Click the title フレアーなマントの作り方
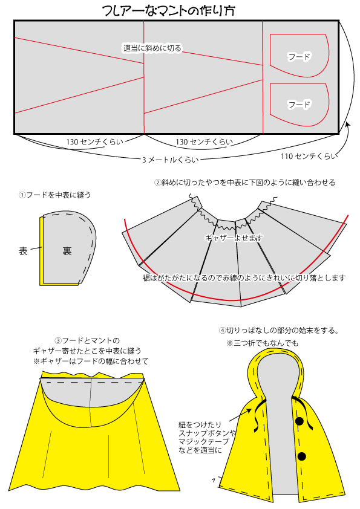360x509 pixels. click(168, 10)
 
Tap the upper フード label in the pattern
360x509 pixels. click(299, 57)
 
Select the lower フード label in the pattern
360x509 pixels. click(299, 105)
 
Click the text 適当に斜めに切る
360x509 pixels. click(152, 48)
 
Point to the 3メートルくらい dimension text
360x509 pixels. click(170, 160)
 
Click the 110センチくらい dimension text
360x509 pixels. click(309, 156)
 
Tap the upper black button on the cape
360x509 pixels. click(299, 421)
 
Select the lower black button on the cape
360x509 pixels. click(302, 456)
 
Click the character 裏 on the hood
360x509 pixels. click(67, 251)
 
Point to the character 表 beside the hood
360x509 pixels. click(23, 251)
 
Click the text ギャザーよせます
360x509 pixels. click(234, 238)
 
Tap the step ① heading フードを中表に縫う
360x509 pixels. click(55, 195)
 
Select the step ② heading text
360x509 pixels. click(244, 183)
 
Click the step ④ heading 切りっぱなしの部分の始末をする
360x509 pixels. click(280, 331)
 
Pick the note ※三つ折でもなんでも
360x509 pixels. click(263, 343)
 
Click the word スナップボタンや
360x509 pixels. click(208, 433)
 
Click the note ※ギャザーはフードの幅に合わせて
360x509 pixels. click(91, 361)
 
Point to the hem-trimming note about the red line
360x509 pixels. click(244, 278)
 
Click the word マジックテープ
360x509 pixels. click(204, 441)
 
